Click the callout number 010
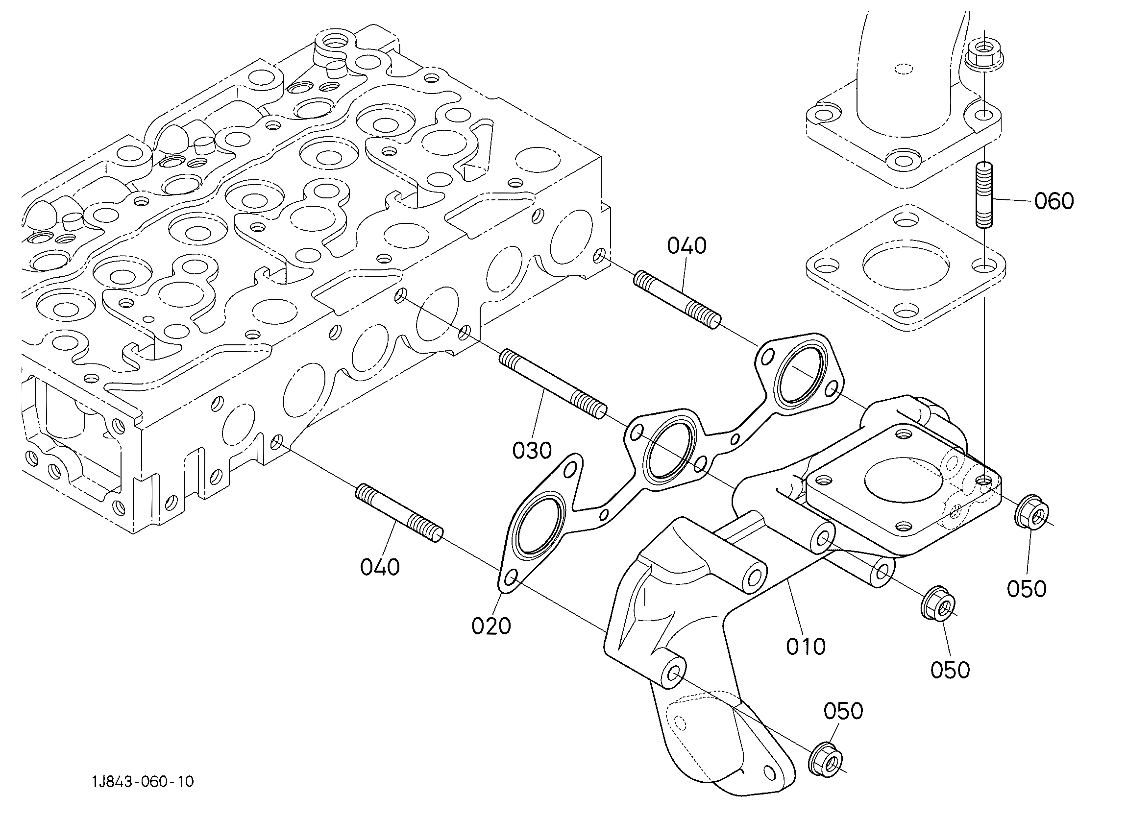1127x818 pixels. [806, 646]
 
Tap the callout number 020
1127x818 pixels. [491, 626]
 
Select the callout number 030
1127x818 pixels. [532, 451]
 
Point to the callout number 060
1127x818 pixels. [1054, 201]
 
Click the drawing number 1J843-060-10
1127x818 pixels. [143, 782]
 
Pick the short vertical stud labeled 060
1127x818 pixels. [983, 195]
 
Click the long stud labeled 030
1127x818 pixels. [553, 384]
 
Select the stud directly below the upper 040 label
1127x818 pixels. [677, 299]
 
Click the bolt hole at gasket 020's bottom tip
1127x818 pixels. [510, 578]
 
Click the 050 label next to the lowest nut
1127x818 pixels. [843, 711]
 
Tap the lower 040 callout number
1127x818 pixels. [380, 567]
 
